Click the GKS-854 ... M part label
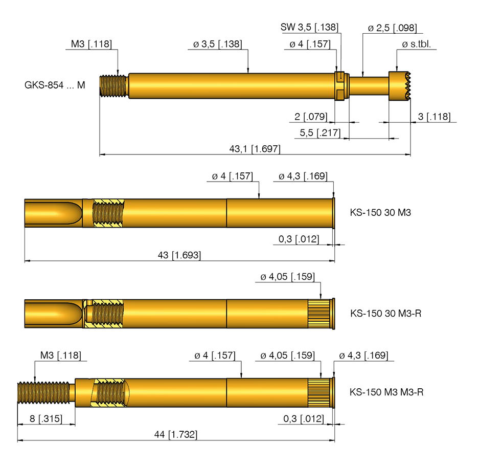coord(55,85)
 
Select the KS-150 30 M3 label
coord(380,212)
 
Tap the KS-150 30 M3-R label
coord(386,313)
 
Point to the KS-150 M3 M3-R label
coord(386,392)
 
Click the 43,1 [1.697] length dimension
coord(255,149)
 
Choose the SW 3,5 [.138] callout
coord(309,27)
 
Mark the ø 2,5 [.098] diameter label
coord(393,28)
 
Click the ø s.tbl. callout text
coord(416,44)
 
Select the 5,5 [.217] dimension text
coord(320,132)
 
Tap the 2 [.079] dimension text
coord(311,117)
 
